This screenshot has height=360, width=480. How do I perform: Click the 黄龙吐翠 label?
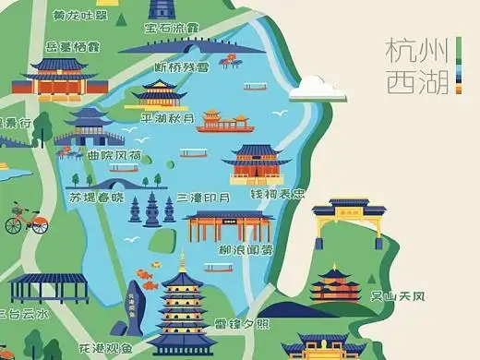(76, 16)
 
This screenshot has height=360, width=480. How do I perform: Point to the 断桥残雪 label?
(181, 66)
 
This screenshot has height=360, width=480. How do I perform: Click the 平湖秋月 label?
(166, 118)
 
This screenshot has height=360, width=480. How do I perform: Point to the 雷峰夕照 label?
(242, 324)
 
